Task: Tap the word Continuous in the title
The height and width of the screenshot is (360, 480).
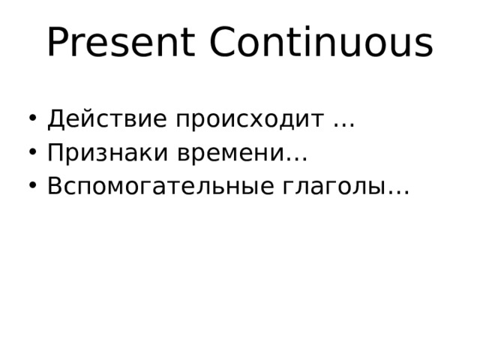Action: click(321, 43)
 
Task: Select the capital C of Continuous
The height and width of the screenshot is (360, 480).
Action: click(224, 43)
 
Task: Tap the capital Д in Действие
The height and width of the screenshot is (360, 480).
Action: click(55, 119)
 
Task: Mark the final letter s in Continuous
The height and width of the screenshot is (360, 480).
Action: click(424, 46)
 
